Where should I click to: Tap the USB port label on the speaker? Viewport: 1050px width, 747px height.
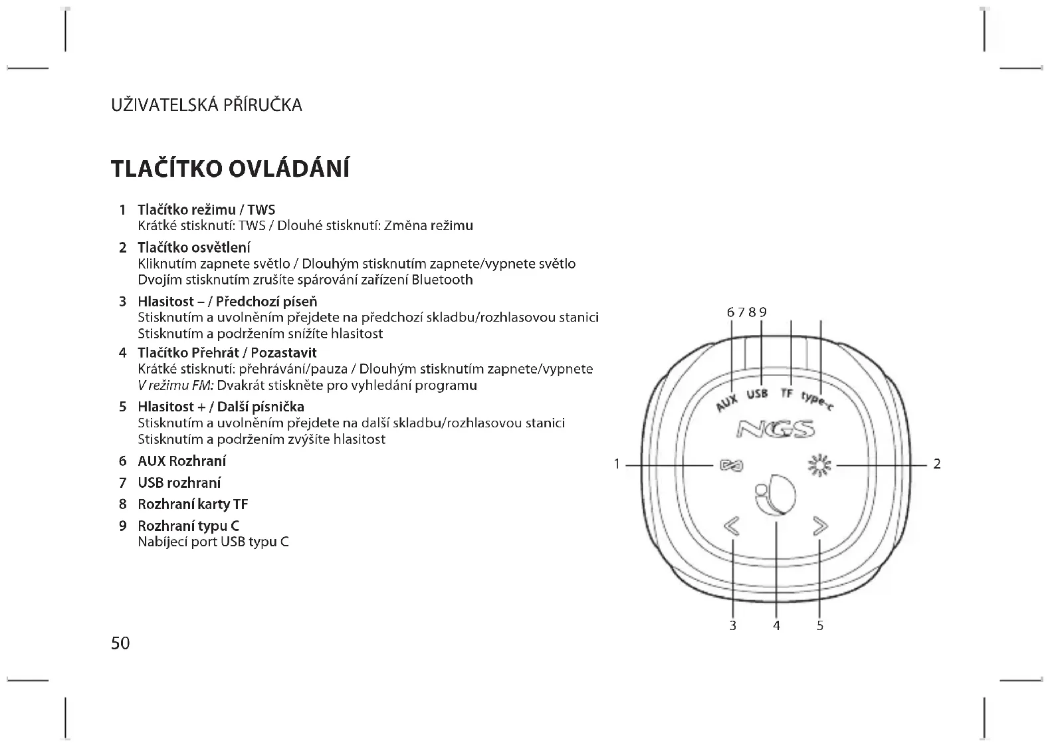pyautogui.click(x=757, y=394)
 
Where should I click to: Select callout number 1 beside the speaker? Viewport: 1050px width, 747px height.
pyautogui.click(x=617, y=465)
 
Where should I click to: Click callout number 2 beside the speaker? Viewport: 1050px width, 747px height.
pyautogui.click(x=937, y=465)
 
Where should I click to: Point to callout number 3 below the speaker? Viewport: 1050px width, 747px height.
pyautogui.click(x=733, y=626)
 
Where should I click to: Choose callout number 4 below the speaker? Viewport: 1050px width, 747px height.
pyautogui.click(x=776, y=626)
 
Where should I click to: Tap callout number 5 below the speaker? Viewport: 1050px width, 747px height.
pyautogui.click(x=820, y=626)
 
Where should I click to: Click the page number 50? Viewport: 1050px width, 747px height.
pyautogui.click(x=120, y=643)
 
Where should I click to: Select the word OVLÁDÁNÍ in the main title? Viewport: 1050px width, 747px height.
pyautogui.click(x=289, y=169)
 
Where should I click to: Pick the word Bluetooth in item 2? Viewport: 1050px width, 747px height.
pyautogui.click(x=442, y=280)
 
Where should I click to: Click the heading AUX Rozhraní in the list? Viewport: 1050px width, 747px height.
pyautogui.click(x=181, y=461)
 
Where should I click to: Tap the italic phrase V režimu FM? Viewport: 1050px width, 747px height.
pyautogui.click(x=175, y=385)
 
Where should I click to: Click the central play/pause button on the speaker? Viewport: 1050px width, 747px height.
pyautogui.click(x=775, y=494)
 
